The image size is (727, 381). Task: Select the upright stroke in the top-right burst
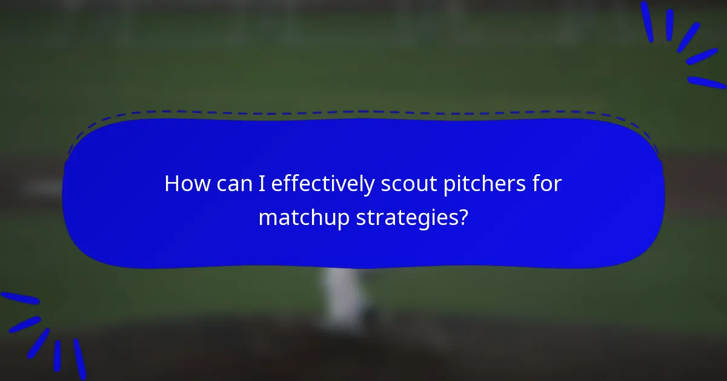670,25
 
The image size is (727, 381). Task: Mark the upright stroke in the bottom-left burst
57,355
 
